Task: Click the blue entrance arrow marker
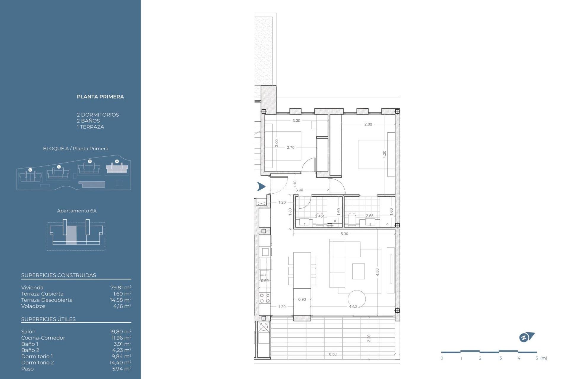point(261,187)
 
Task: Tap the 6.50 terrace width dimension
point(333,354)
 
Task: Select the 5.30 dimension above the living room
point(344,234)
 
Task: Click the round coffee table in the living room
point(357,299)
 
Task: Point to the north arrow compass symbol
point(526,337)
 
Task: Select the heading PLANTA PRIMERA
point(100,97)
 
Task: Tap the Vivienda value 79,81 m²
point(121,288)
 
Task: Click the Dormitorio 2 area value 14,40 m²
point(120,363)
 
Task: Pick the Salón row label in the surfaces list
point(28,332)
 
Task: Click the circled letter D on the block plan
point(30,170)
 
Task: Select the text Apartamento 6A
point(77,211)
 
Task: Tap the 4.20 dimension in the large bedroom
point(384,154)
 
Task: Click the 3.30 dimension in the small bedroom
point(296,121)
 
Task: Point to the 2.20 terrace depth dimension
point(369,338)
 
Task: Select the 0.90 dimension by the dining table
point(302,300)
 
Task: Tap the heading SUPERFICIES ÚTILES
point(48,319)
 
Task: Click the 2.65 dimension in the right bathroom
point(370,216)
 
